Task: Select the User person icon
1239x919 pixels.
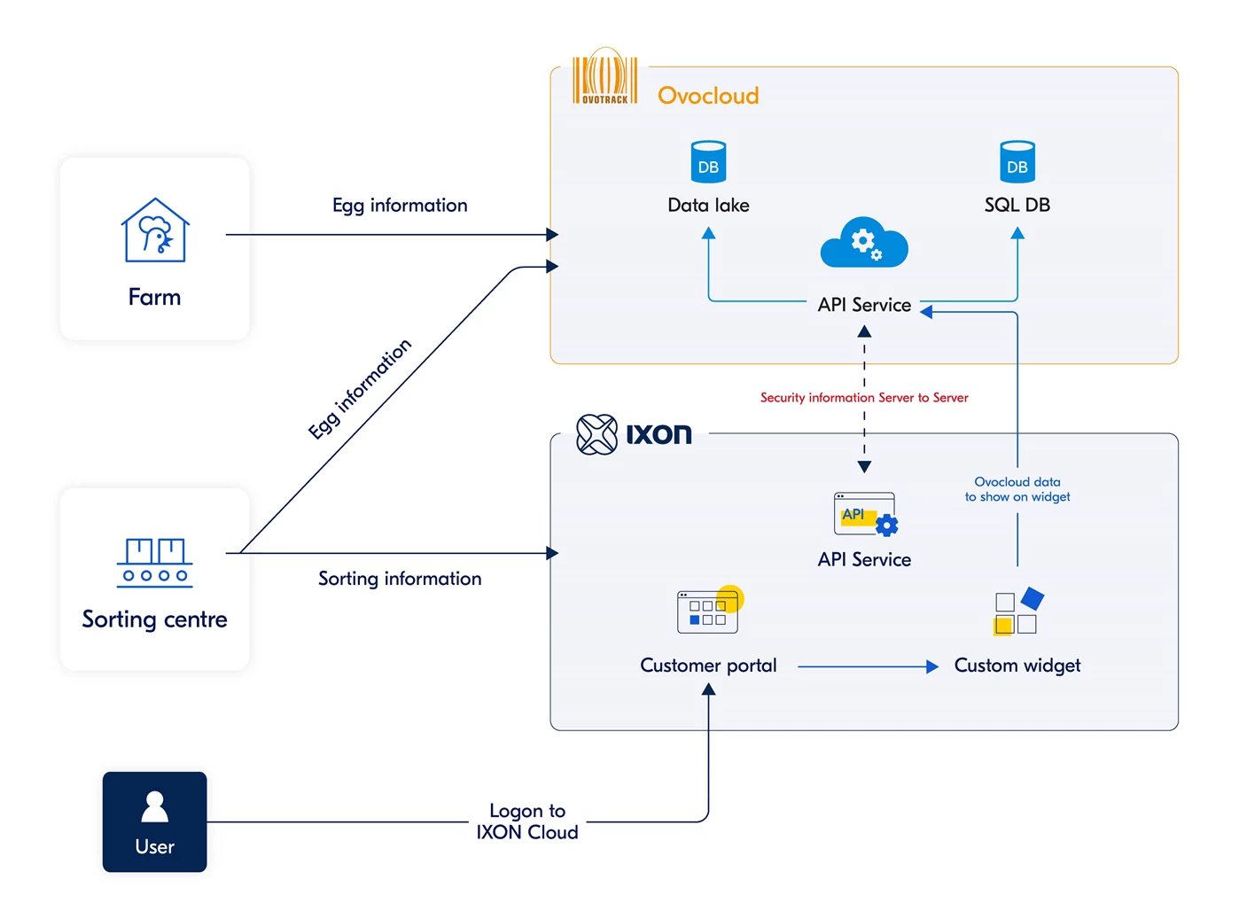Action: tap(155, 806)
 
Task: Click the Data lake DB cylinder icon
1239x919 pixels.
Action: tap(708, 162)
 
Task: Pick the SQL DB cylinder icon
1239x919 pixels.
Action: tap(1017, 162)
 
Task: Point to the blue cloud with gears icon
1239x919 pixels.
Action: tap(864, 243)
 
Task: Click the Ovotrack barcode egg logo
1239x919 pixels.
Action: tap(604, 78)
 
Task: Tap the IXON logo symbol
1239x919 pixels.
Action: tap(596, 434)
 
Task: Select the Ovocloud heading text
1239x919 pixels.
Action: tap(708, 96)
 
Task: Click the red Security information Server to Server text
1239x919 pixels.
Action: tap(864, 398)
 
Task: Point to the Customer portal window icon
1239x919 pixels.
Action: tap(708, 611)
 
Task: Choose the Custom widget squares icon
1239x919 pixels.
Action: tap(1017, 611)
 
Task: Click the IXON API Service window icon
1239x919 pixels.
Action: tap(865, 515)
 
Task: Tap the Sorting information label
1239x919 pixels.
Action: tap(400, 579)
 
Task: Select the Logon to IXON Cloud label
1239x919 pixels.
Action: tap(527, 822)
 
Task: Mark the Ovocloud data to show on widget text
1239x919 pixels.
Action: tap(1017, 489)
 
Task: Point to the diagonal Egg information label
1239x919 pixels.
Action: tap(360, 389)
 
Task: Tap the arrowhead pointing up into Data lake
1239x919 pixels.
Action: tap(708, 233)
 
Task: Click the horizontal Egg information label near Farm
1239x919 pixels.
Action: tap(400, 206)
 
